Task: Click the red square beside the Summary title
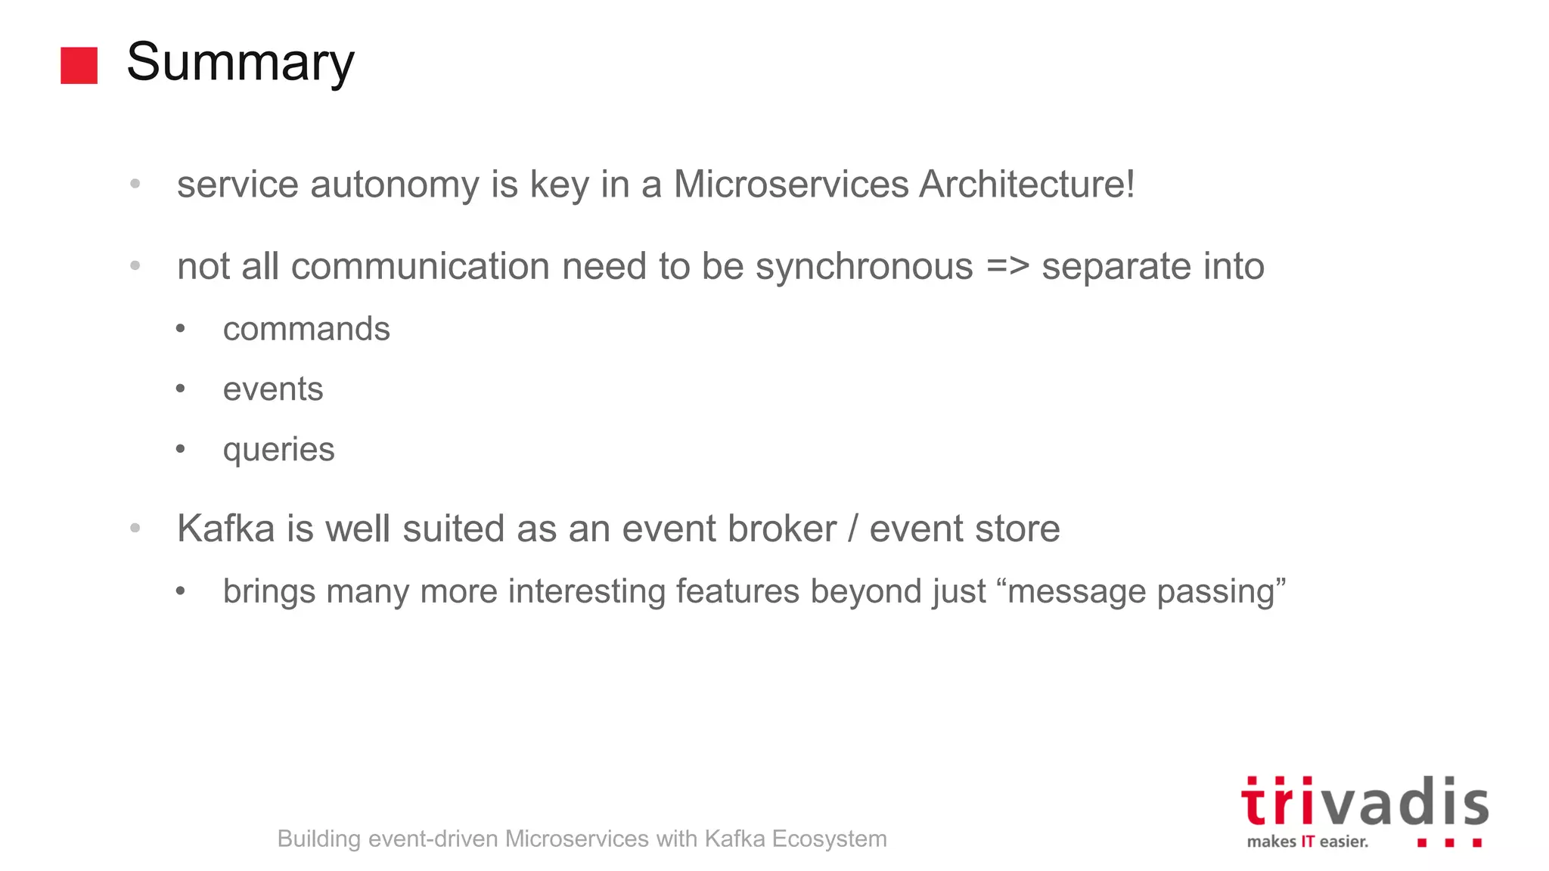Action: [79, 65]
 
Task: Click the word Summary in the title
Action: [240, 64]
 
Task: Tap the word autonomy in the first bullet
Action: [394, 185]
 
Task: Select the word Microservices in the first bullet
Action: [790, 184]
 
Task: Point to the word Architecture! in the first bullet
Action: [1026, 184]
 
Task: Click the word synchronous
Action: [864, 267]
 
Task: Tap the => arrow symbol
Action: [1007, 267]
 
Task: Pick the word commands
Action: [306, 329]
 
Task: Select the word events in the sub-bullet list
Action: [273, 389]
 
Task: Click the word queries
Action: [278, 451]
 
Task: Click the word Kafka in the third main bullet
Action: [225, 528]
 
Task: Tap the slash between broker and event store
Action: [852, 528]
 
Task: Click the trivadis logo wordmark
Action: [1364, 803]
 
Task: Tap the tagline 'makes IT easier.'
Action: [1307, 842]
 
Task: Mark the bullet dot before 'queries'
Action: [180, 449]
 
